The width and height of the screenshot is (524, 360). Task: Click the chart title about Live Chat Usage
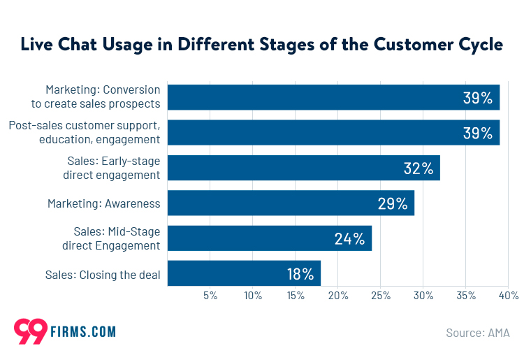[261, 45]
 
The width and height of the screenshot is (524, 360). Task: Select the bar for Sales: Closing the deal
[244, 273]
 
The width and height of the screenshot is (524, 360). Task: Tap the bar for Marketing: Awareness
[291, 203]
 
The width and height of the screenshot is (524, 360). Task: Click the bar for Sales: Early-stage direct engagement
[304, 168]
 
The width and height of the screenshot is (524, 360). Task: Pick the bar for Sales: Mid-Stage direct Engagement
[270, 238]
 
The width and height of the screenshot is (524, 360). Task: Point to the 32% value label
[419, 168]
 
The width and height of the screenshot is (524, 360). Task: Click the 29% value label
[392, 203]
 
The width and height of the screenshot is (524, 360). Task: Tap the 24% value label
[349, 239]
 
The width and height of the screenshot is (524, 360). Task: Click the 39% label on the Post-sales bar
[478, 133]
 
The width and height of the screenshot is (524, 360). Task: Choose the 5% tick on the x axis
[210, 296]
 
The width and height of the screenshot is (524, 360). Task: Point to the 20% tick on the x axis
[338, 296]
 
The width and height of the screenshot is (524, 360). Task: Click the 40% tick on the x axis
[508, 296]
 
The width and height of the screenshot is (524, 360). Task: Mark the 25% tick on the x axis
[381, 296]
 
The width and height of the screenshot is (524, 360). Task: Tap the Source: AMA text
[478, 333]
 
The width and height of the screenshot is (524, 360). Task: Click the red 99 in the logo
[30, 331]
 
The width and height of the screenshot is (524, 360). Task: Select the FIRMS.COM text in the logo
[83, 332]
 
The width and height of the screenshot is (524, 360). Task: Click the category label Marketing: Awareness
[103, 203]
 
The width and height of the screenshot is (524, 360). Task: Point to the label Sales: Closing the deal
[103, 275]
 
